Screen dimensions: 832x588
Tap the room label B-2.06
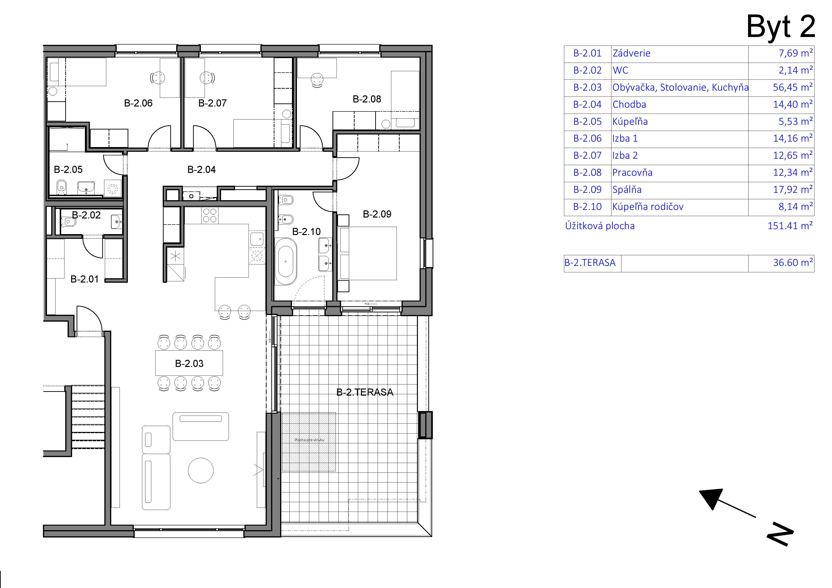(138, 103)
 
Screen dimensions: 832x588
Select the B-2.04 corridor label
(201, 170)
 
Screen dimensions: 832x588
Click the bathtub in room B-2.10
(286, 261)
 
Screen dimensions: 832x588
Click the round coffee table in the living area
(201, 470)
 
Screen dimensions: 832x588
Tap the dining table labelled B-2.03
(189, 363)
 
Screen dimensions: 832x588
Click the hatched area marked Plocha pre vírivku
(309, 442)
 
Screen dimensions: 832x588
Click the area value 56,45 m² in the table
(793, 87)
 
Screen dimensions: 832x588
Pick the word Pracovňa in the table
(632, 172)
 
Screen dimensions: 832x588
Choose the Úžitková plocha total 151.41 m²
(790, 226)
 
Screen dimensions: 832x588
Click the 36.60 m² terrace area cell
(793, 262)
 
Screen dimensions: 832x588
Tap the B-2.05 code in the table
(587, 121)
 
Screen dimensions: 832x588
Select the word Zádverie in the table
(631, 53)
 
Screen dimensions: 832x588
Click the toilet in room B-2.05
(62, 187)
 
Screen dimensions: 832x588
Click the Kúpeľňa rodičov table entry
(648, 207)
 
